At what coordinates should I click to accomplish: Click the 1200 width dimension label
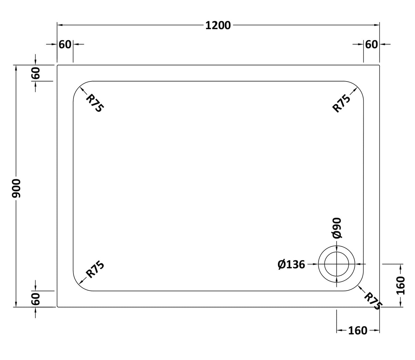point(218,25)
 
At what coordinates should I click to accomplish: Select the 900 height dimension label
point(16,188)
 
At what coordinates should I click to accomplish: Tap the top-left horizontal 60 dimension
point(65,44)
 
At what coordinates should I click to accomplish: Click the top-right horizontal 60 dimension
point(372,44)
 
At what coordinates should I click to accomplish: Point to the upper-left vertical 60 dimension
point(36,73)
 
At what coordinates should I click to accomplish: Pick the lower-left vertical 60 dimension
point(36,299)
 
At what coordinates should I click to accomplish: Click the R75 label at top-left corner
point(94,103)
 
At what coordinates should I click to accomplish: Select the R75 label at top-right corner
point(342,103)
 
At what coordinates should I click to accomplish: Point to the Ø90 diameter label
point(336,228)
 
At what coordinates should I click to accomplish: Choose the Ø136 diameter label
point(291,265)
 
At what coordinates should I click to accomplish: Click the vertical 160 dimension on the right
point(400,285)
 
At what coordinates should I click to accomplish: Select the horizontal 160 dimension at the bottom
point(358,331)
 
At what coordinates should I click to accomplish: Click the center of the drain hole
point(337,264)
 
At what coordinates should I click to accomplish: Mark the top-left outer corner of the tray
point(57,65)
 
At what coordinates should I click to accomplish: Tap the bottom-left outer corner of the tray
point(57,307)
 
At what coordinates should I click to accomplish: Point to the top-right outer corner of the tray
point(379,65)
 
